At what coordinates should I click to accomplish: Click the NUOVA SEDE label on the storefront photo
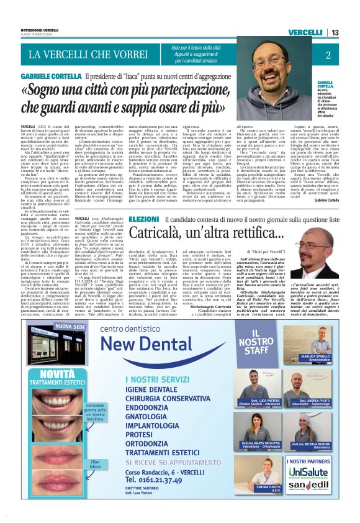coord(70,325)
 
